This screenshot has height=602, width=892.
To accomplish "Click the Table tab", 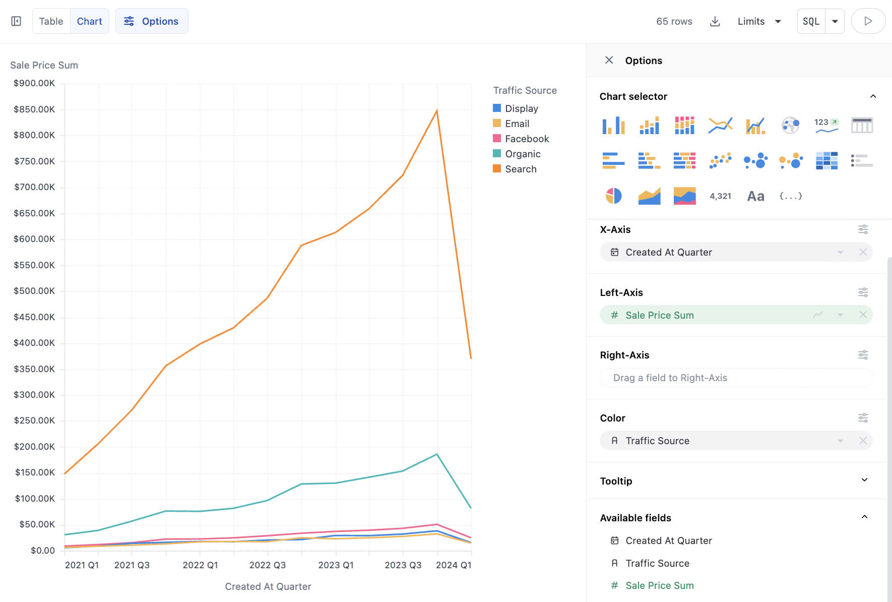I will click(51, 21).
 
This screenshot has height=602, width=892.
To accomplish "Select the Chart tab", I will click(89, 21).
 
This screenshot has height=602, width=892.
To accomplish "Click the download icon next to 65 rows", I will click(715, 21).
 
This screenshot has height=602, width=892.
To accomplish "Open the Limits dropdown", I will click(759, 21).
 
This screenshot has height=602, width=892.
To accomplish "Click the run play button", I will click(868, 21).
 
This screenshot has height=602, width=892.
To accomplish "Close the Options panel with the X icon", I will click(609, 60).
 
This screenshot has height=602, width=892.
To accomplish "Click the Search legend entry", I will click(521, 169).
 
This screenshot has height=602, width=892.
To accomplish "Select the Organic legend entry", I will click(523, 154).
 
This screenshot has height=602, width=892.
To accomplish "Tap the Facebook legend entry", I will click(527, 139).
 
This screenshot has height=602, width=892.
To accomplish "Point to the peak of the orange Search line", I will click(437, 110).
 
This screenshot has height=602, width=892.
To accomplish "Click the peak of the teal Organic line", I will click(437, 454).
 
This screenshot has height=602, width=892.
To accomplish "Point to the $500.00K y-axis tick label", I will click(34, 291).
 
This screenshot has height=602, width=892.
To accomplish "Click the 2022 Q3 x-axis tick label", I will click(268, 565).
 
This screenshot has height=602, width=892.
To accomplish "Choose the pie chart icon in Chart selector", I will click(613, 196).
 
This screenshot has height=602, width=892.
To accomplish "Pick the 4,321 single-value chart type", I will click(720, 196).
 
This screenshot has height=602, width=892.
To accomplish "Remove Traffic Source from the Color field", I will click(863, 441).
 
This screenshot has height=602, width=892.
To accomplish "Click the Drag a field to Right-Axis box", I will click(736, 378).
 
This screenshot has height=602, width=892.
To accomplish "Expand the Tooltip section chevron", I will click(864, 480).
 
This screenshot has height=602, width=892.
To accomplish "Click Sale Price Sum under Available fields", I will click(659, 585).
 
